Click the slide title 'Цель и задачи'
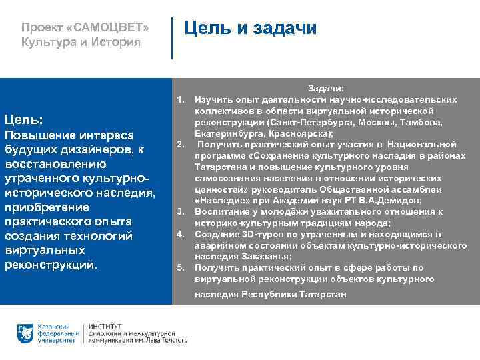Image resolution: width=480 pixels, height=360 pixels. (x=250, y=28)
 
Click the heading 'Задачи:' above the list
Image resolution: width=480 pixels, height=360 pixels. (x=325, y=89)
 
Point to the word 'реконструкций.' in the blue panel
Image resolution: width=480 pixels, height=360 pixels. (x=51, y=265)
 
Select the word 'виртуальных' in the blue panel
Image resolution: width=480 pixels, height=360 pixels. (x=45, y=250)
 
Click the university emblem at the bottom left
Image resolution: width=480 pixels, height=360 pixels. (x=26, y=333)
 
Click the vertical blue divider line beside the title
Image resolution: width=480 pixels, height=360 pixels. (x=172, y=38)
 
